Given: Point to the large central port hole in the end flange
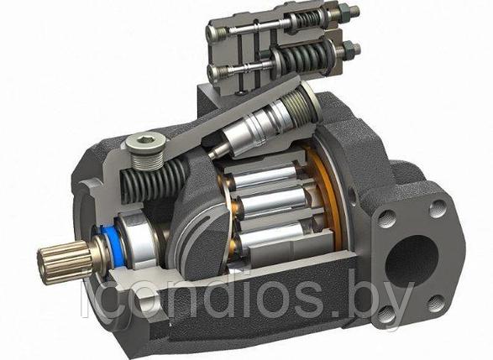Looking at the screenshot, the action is point(411,261).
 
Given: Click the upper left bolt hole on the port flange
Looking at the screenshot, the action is point(386,218).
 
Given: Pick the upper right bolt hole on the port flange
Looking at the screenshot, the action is point(438,207).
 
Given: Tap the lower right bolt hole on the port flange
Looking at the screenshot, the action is point(437,303).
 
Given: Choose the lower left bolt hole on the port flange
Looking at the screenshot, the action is point(386,315).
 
